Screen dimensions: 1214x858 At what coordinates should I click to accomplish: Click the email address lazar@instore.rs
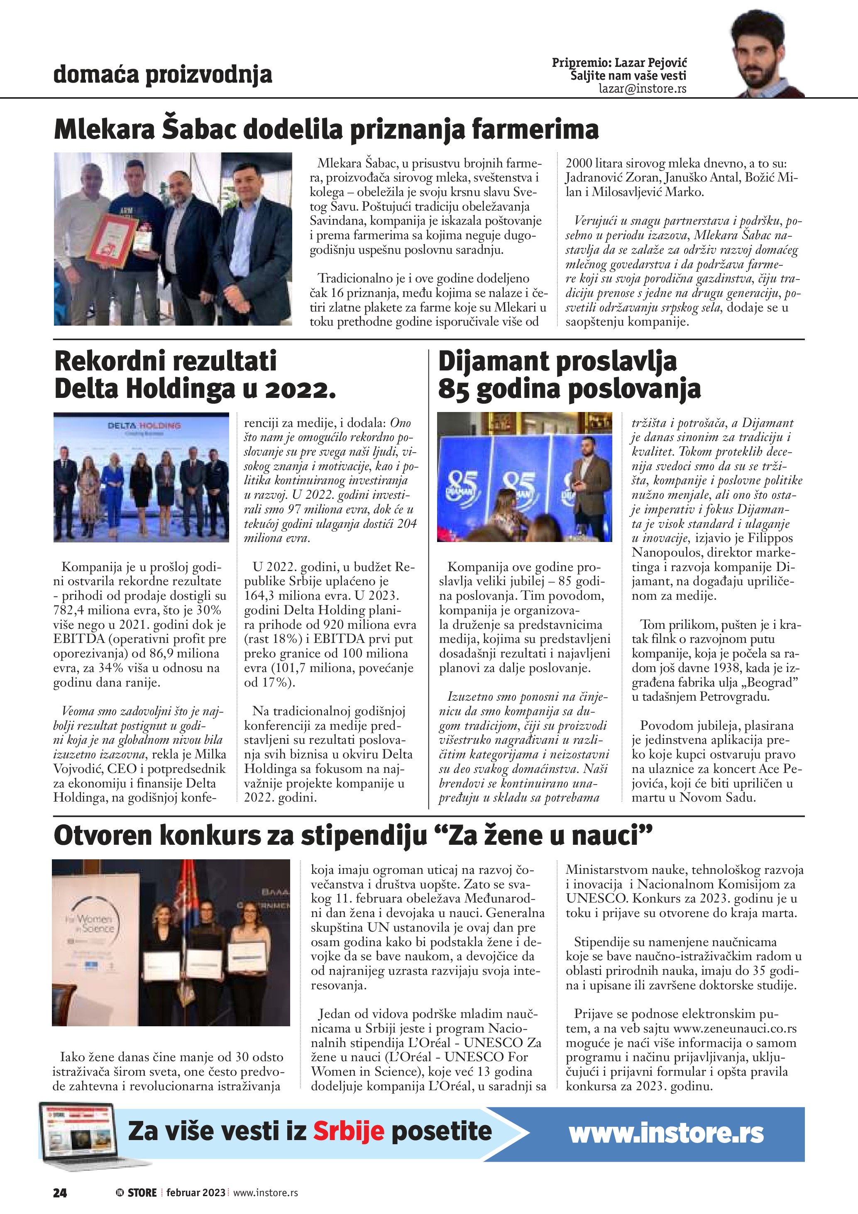click(x=643, y=89)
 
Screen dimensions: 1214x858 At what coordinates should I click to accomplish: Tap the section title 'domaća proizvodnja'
click(x=163, y=75)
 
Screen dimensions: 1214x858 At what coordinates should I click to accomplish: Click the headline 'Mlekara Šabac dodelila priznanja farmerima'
click(x=327, y=130)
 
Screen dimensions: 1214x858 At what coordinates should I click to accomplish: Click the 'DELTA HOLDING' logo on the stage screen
click(x=144, y=426)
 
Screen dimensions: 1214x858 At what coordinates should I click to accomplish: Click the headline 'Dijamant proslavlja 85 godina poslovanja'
click(x=569, y=375)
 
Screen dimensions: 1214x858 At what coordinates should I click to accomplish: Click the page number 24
click(x=60, y=1192)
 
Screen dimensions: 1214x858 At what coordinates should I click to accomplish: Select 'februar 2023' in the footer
click(x=196, y=1192)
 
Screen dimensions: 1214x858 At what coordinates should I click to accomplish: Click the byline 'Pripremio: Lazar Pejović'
click(x=619, y=63)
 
